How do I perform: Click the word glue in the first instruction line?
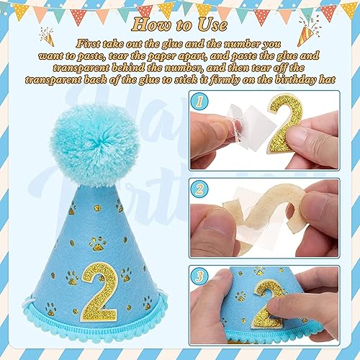(x=168, y=43)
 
